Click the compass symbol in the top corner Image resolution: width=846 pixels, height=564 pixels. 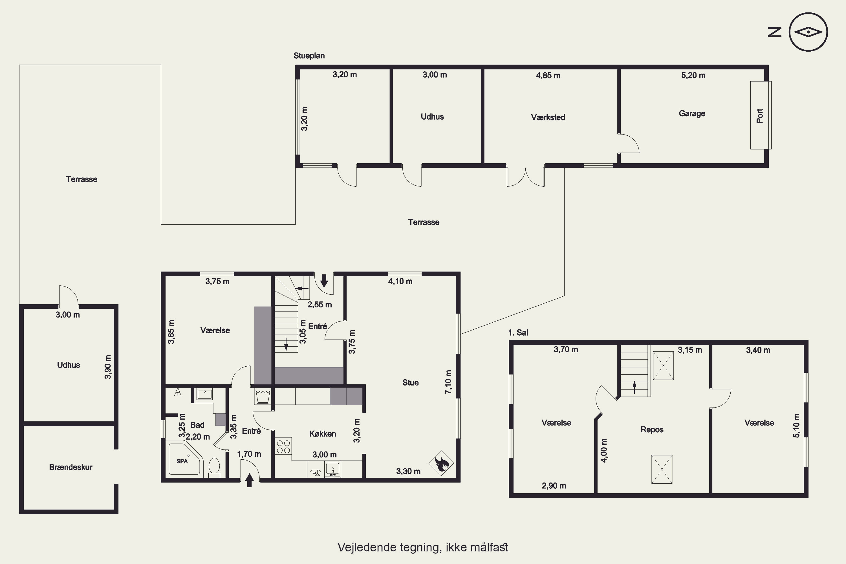[x=808, y=32]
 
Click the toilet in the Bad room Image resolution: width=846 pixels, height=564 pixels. [x=214, y=467]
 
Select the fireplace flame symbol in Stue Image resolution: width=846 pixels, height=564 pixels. [x=441, y=463]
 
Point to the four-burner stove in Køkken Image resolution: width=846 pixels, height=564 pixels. [x=283, y=446]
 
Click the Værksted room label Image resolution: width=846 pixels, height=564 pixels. [x=548, y=117]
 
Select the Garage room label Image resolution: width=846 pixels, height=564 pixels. [x=692, y=113]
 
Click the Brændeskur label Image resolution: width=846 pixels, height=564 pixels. [x=71, y=467]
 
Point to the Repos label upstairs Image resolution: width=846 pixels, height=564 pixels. [x=652, y=429]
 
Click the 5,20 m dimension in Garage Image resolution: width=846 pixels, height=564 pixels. [x=693, y=76]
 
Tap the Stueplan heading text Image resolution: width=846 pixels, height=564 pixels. [x=309, y=56]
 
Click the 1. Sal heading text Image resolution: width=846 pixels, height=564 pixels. [x=518, y=333]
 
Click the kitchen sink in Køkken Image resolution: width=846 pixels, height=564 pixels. [x=333, y=470]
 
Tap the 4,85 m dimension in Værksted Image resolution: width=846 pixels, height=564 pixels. [x=548, y=76]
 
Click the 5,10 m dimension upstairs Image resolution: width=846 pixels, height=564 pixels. [x=796, y=426]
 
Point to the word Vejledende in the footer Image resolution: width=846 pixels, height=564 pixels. [x=367, y=547]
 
